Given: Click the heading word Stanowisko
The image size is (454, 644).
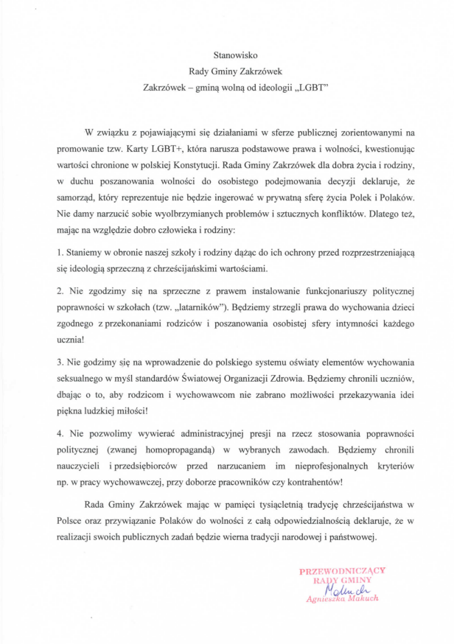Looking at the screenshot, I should point(226,55).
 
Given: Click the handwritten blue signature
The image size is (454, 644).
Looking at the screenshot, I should point(338,589).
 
